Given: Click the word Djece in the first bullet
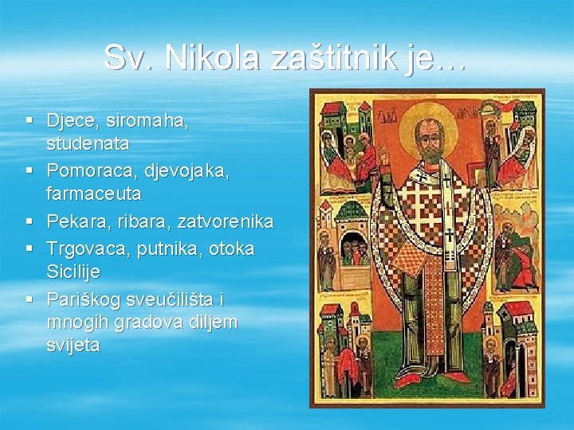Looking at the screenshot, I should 69,121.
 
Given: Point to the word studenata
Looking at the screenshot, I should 88,145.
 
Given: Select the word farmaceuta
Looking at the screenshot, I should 93,193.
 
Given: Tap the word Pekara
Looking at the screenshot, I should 74,221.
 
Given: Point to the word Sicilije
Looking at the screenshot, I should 73,272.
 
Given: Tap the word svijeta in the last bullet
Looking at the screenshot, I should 73,346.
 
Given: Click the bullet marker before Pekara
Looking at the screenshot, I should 29,221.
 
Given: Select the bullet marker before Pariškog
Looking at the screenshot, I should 29,299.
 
